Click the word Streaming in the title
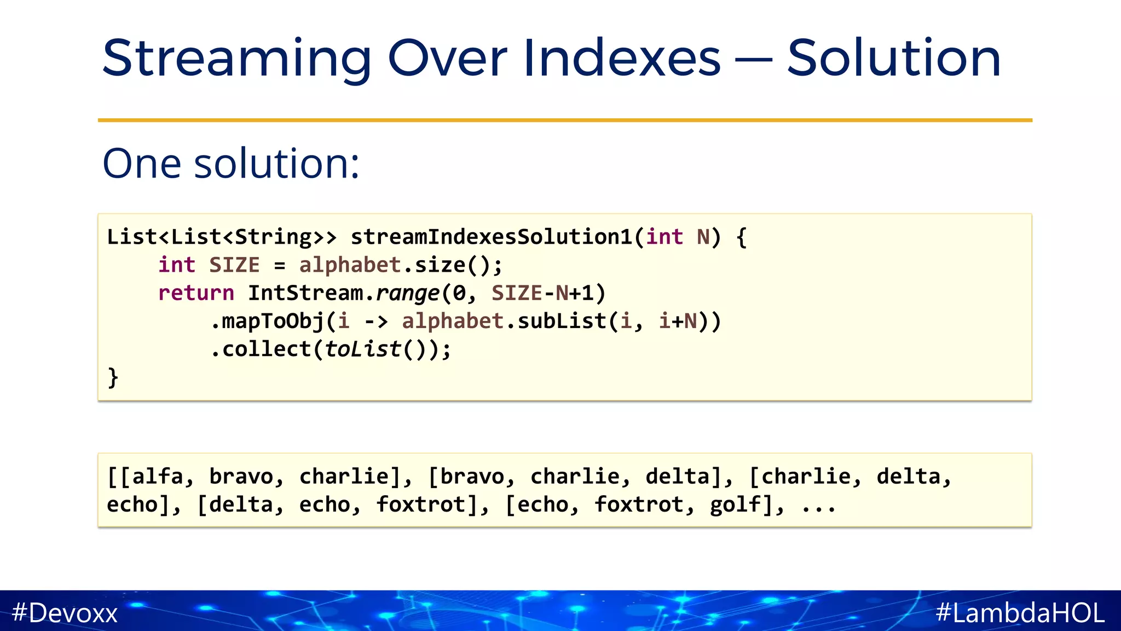click(236, 59)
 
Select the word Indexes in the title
click(622, 58)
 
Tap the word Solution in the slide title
click(894, 58)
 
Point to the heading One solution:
click(231, 163)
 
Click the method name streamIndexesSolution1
click(492, 237)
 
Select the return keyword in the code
click(196, 293)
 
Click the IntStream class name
click(305, 293)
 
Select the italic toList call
click(363, 349)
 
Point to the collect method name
click(267, 349)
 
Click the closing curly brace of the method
click(113, 377)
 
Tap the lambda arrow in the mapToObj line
click(375, 322)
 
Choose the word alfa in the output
click(158, 477)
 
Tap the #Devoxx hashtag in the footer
click(65, 612)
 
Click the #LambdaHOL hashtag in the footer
click(1020, 612)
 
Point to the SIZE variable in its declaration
click(234, 265)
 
